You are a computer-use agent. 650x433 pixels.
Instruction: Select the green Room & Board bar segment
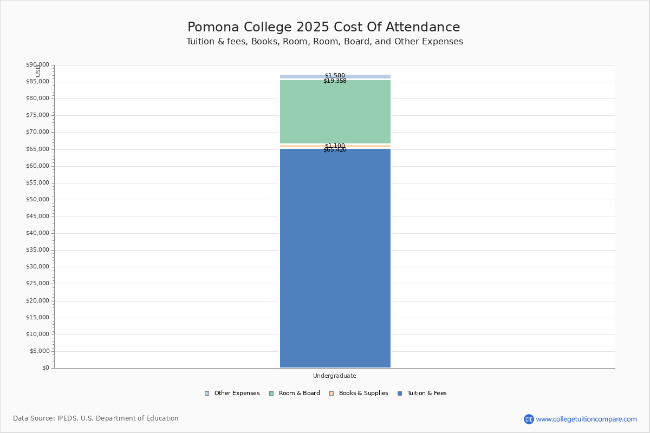(x=335, y=112)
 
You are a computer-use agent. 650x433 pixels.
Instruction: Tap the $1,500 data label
(x=335, y=76)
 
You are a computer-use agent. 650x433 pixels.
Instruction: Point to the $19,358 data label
(x=335, y=81)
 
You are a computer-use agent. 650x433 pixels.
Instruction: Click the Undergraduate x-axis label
(x=335, y=376)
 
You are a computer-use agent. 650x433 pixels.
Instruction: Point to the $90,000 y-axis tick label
(x=37, y=65)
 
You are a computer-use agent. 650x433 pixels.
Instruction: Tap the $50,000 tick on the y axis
(x=37, y=200)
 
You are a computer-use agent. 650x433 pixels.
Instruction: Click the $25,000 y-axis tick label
(x=37, y=284)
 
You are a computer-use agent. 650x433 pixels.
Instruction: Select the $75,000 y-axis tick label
(x=37, y=115)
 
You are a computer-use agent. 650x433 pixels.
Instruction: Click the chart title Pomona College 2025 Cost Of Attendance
(x=324, y=27)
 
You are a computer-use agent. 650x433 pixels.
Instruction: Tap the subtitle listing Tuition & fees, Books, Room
(x=324, y=42)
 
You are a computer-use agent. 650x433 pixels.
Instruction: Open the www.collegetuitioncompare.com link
(x=586, y=419)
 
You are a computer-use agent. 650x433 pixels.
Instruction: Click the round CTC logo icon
(x=529, y=419)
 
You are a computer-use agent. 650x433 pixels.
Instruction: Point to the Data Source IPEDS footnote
(x=96, y=418)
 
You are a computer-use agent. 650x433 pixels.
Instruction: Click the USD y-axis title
(x=38, y=71)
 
